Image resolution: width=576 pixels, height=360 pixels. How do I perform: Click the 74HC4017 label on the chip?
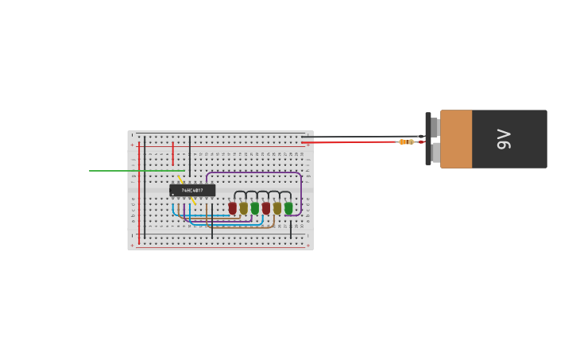[x=192, y=191]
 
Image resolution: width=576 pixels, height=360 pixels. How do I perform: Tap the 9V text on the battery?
[x=504, y=139]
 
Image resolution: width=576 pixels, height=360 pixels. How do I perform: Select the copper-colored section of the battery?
[x=456, y=139]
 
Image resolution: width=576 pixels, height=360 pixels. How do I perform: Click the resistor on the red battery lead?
[x=406, y=141]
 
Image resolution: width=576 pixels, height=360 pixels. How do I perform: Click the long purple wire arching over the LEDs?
[x=254, y=172]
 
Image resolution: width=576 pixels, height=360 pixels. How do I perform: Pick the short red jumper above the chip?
[x=173, y=153]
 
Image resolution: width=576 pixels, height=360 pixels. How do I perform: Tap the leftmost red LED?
[x=233, y=208]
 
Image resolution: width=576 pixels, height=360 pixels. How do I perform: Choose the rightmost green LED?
[x=288, y=208]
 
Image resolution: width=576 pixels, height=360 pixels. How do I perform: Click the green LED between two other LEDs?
[x=255, y=208]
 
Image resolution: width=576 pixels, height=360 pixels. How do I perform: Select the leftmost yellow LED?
[x=244, y=208]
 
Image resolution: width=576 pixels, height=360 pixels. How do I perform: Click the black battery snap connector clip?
[x=428, y=139]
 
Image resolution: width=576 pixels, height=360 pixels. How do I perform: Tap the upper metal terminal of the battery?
[x=435, y=127]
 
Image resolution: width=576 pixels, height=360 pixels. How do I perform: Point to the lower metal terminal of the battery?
[x=435, y=152]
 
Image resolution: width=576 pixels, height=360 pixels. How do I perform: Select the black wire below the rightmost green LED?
[x=290, y=228]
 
